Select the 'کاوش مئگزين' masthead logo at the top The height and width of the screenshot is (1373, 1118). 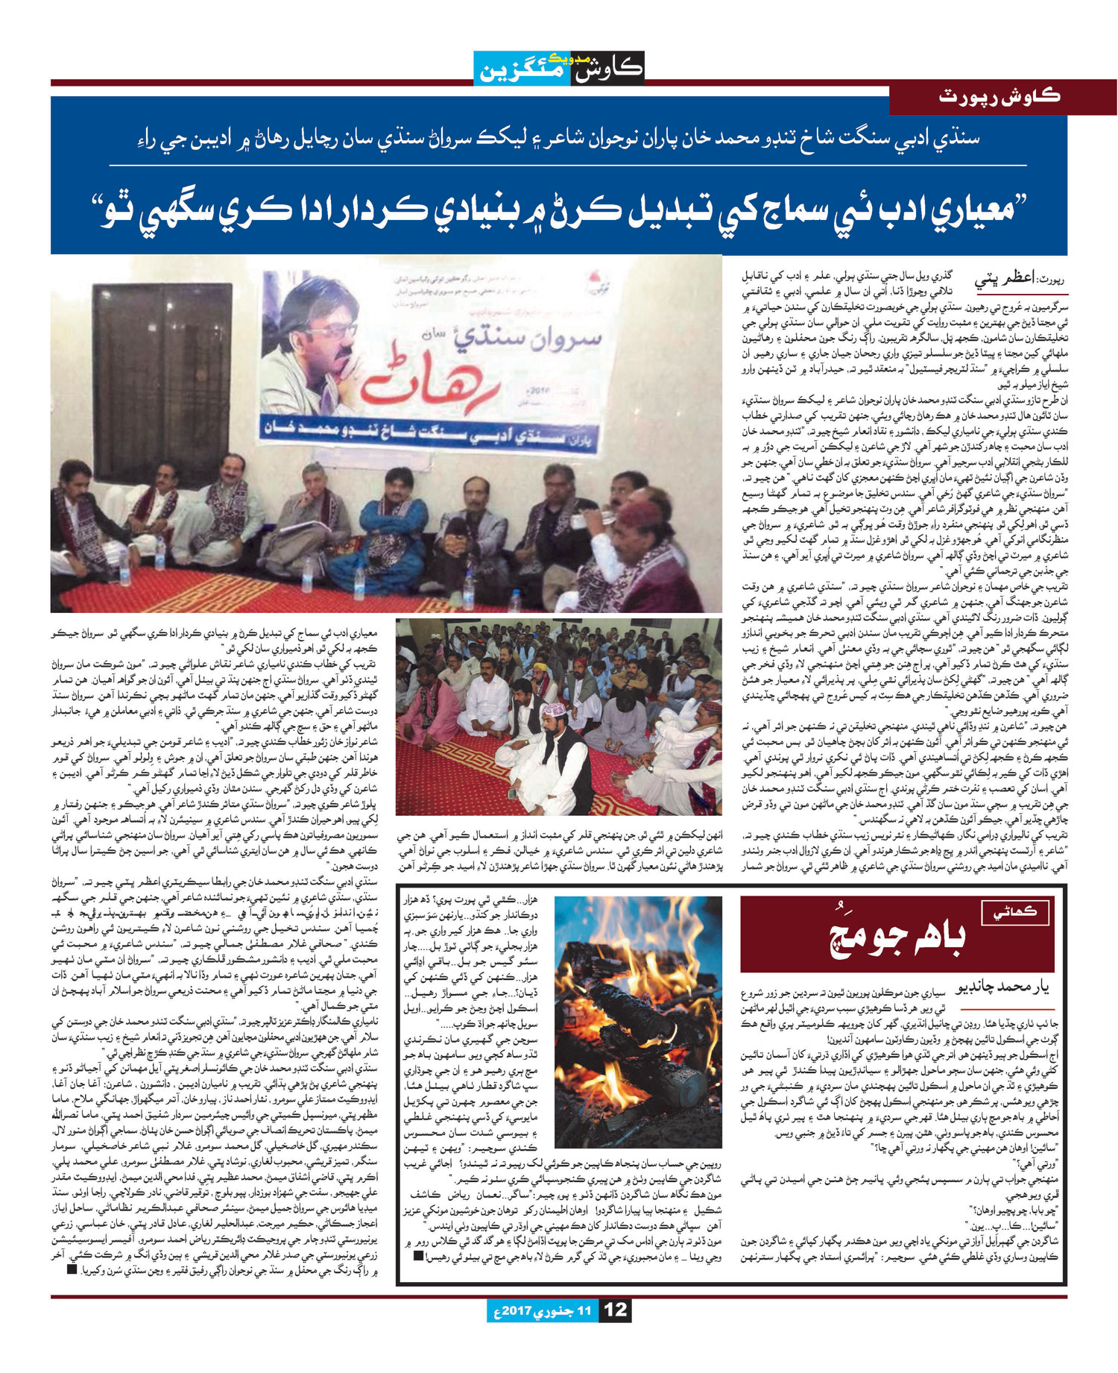click(x=559, y=69)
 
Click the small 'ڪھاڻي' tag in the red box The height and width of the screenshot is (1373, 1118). click(x=1016, y=911)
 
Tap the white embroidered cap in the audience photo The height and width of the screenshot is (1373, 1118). click(x=553, y=710)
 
